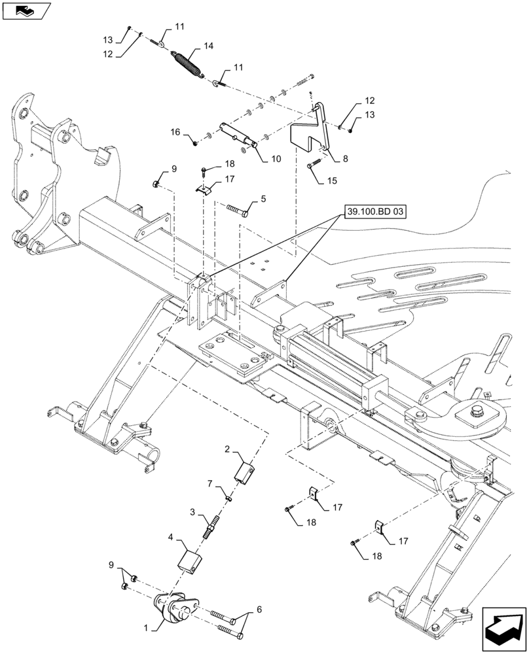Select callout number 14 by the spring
click(x=209, y=47)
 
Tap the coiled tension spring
click(x=188, y=63)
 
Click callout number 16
click(x=175, y=133)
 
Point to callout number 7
click(x=211, y=483)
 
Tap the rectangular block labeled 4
click(x=190, y=559)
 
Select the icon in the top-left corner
click(x=26, y=10)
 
